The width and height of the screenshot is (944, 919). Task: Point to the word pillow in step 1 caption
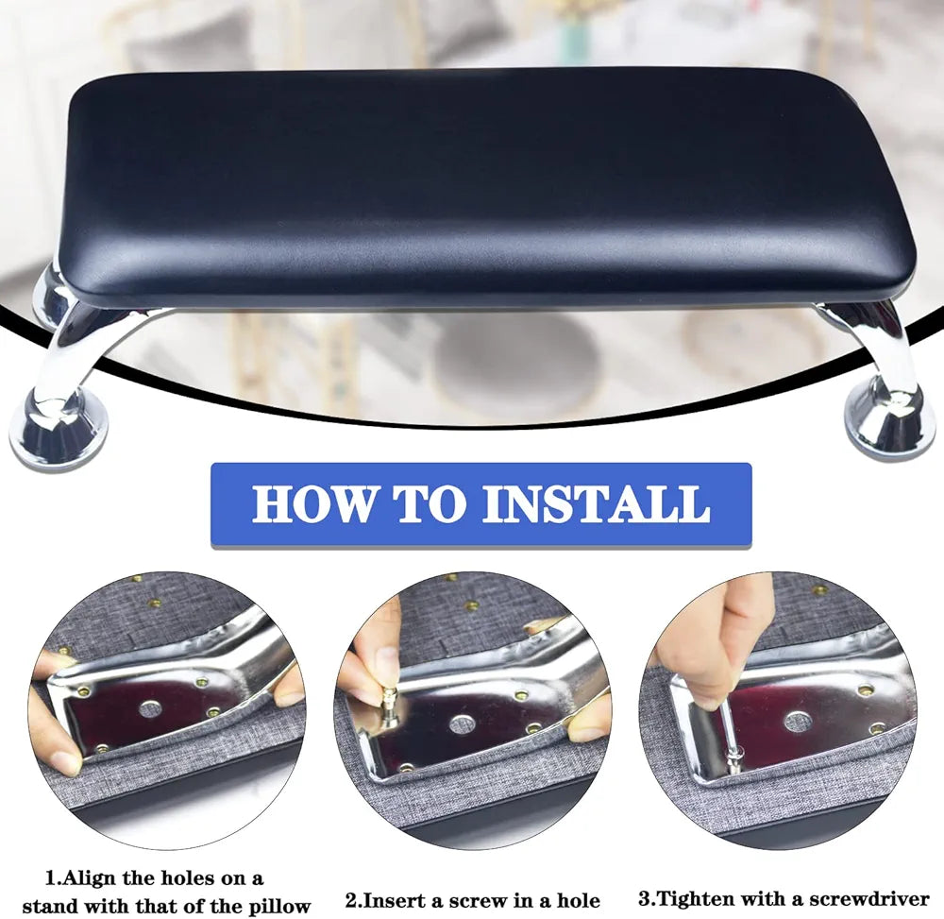[x=275, y=905]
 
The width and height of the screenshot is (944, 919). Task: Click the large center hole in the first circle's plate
[x=149, y=707]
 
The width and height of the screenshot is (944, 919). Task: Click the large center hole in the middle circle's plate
[x=461, y=724]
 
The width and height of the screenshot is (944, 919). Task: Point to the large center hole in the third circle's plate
[x=798, y=722]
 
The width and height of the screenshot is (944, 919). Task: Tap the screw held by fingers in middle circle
[x=388, y=703]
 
